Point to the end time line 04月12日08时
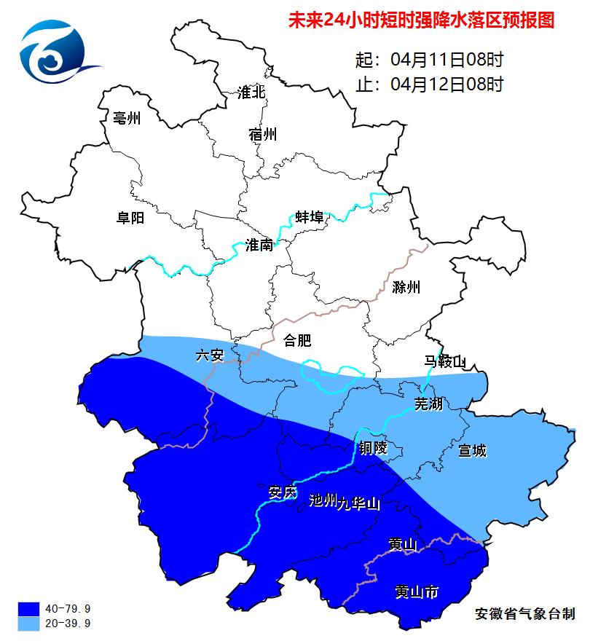[429, 84]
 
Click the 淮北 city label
[252, 93]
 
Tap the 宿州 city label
[262, 135]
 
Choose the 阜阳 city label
[130, 218]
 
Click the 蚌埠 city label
[310, 218]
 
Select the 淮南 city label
[259, 245]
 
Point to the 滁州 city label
[406, 287]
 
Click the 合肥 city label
[297, 340]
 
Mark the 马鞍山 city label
[445, 361]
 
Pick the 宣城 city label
[472, 451]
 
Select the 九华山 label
[358, 503]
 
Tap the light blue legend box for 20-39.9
[29, 624]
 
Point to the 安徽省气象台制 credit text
[524, 614]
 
